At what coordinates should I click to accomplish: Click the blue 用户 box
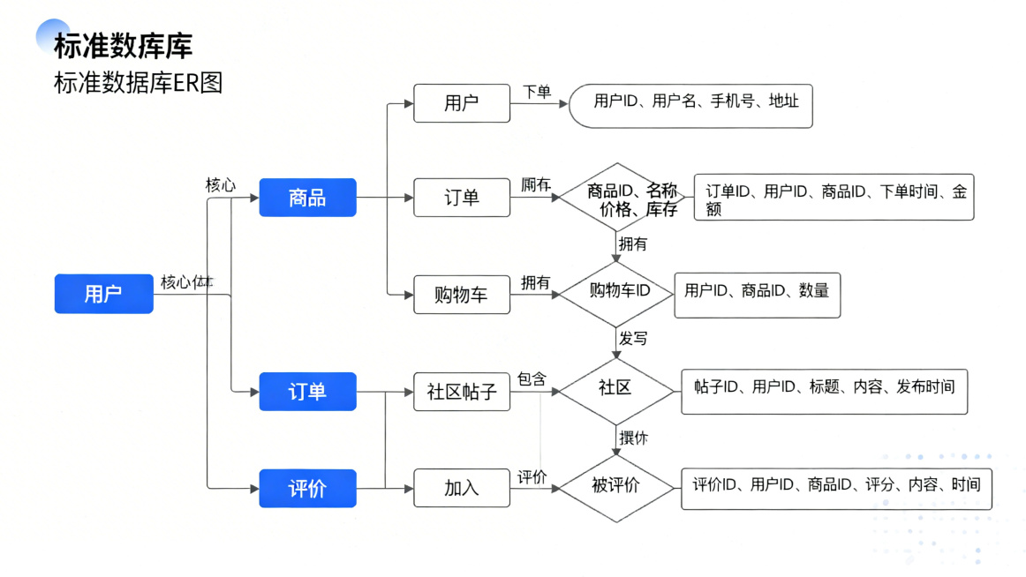(x=103, y=294)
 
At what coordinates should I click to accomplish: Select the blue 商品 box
(x=307, y=198)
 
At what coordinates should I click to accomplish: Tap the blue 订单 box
(x=307, y=391)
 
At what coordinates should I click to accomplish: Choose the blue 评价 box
(x=307, y=488)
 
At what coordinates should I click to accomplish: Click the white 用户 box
(x=462, y=103)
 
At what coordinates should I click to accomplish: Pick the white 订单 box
(x=462, y=198)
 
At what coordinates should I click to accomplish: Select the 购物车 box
(x=462, y=295)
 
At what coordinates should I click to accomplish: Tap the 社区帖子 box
(x=462, y=392)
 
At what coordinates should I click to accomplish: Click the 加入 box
(x=462, y=488)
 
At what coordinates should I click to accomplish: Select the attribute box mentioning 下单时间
(x=834, y=198)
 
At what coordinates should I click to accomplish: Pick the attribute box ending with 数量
(x=757, y=295)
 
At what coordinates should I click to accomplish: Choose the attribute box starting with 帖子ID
(x=824, y=392)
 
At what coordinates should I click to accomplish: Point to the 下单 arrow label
(x=537, y=92)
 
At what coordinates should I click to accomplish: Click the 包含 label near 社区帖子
(x=532, y=378)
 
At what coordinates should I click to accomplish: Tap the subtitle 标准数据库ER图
(x=138, y=83)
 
